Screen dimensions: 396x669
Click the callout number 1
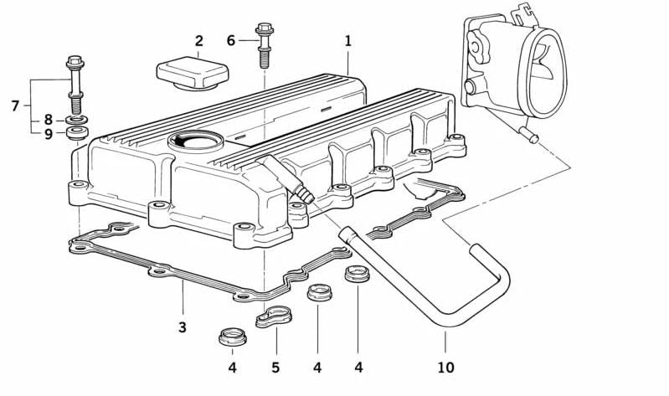(347, 39)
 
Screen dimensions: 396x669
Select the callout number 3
(183, 327)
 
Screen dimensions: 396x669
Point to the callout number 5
(275, 367)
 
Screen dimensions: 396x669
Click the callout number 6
(231, 39)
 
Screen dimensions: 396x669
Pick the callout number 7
(14, 105)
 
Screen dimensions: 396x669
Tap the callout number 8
(49, 119)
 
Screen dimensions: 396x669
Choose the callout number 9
(49, 133)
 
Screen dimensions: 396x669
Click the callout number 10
(445, 367)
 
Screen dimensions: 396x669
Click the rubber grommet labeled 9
(77, 133)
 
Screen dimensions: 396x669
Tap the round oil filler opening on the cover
(193, 141)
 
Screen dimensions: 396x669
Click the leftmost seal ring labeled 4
(231, 337)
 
